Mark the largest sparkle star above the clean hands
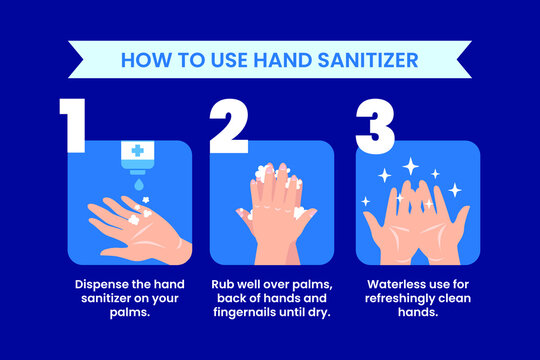pos(410,165)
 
